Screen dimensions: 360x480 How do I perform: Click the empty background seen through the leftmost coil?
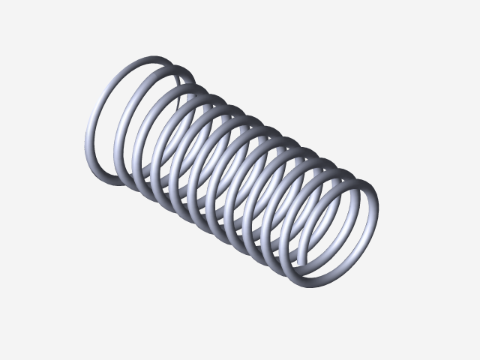[x=124, y=112]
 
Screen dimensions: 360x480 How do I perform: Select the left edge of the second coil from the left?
[x=116, y=142]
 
